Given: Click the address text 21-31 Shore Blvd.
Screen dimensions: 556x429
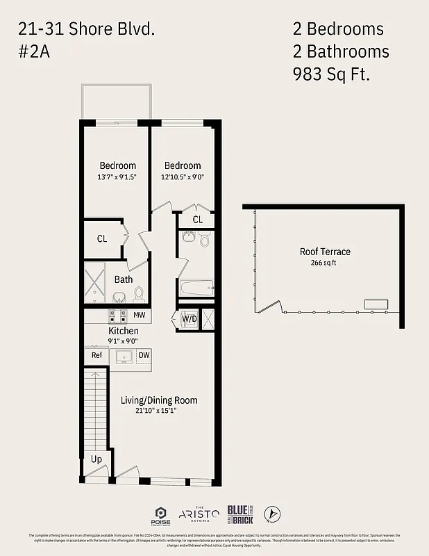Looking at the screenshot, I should [x=87, y=29].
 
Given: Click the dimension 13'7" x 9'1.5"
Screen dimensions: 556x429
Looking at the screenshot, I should [x=117, y=177].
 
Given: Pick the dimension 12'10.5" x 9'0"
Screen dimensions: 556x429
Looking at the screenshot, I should [x=182, y=177].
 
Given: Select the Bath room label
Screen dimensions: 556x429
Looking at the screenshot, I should [x=124, y=279].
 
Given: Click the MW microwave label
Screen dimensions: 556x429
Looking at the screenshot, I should [x=139, y=315].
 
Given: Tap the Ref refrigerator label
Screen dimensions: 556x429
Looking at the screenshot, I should [x=96, y=355].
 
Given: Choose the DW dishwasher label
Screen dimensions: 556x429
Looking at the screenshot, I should [x=144, y=355].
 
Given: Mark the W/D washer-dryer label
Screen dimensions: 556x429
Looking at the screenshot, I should [x=189, y=319].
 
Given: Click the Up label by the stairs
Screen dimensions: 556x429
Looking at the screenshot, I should [x=96, y=459].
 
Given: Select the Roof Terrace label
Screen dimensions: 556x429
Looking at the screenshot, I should [x=325, y=252].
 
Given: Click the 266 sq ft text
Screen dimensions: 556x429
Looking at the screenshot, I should [x=324, y=263].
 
